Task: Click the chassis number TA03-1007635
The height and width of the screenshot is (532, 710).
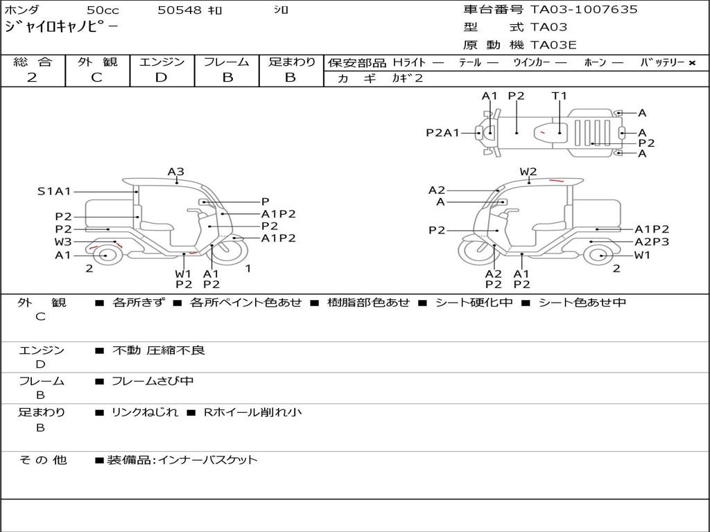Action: click(x=584, y=10)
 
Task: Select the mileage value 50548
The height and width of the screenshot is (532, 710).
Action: click(x=180, y=10)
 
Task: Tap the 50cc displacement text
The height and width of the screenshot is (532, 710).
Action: click(x=103, y=10)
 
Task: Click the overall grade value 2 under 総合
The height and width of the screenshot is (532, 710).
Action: click(x=32, y=78)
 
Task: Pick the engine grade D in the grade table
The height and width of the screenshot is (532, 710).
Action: click(x=161, y=78)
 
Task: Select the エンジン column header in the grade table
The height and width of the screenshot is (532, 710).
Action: click(x=162, y=62)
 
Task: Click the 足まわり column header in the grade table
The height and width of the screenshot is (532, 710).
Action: click(x=291, y=62)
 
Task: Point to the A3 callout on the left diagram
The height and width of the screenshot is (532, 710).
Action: click(x=176, y=172)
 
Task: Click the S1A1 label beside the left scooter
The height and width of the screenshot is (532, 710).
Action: click(x=54, y=190)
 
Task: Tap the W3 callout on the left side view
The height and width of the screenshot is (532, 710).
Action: click(x=63, y=242)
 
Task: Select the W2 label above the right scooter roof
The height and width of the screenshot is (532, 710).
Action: click(x=528, y=172)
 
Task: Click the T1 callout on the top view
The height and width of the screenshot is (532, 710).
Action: click(x=559, y=96)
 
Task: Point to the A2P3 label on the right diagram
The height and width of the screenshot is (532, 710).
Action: click(x=652, y=242)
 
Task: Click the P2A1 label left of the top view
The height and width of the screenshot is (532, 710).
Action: click(x=442, y=132)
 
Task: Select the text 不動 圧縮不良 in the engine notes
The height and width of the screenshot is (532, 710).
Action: click(x=159, y=351)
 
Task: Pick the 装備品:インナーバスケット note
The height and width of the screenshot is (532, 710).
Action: click(x=182, y=459)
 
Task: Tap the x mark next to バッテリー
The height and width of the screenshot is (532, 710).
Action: click(x=692, y=63)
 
